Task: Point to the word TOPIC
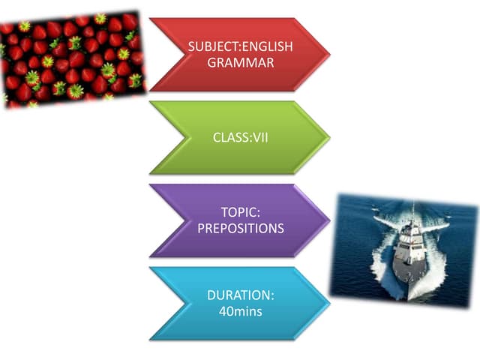click(x=240, y=214)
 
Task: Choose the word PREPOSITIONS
click(x=240, y=229)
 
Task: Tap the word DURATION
click(x=240, y=295)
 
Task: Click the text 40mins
click(x=240, y=310)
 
